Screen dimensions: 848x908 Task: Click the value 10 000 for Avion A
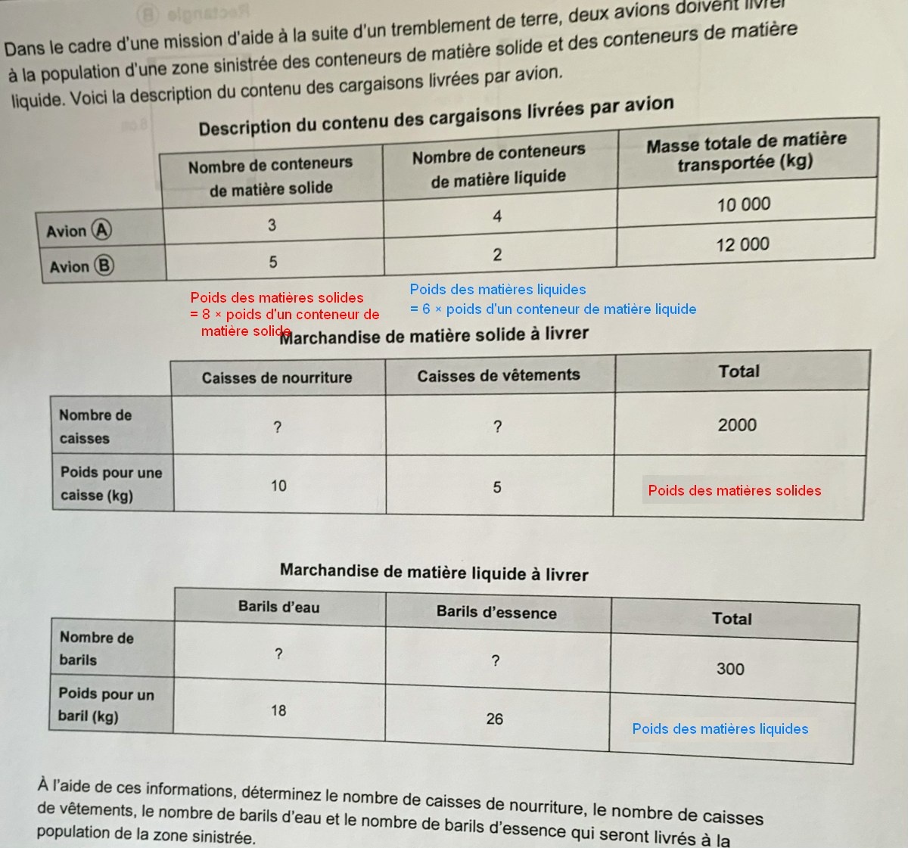pos(744,204)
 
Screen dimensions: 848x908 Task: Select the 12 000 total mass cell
pos(742,244)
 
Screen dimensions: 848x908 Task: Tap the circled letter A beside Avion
pos(101,230)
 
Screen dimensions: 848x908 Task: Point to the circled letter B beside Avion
pos(104,266)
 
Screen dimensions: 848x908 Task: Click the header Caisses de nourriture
pos(277,377)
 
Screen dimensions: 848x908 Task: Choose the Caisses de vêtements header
pos(499,375)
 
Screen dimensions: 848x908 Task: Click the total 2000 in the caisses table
pos(737,425)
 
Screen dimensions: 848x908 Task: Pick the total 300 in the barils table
pos(730,669)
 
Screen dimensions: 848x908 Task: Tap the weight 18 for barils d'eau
pos(278,710)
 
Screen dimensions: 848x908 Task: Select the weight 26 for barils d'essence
pos(494,719)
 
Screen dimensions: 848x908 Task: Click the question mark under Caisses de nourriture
pos(277,428)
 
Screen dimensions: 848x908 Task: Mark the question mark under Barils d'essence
pos(495,661)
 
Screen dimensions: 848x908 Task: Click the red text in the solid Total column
pos(734,490)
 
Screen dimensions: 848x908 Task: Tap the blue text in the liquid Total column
pos(720,728)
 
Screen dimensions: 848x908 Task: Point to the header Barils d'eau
pos(278,607)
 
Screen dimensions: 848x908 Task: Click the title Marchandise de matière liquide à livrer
pos(434,573)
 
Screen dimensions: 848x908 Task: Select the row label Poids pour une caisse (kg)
pos(110,483)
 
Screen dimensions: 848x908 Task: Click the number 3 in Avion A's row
pos(272,225)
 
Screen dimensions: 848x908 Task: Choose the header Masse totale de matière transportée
pos(746,151)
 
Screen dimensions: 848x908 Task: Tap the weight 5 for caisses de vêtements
pos(497,487)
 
